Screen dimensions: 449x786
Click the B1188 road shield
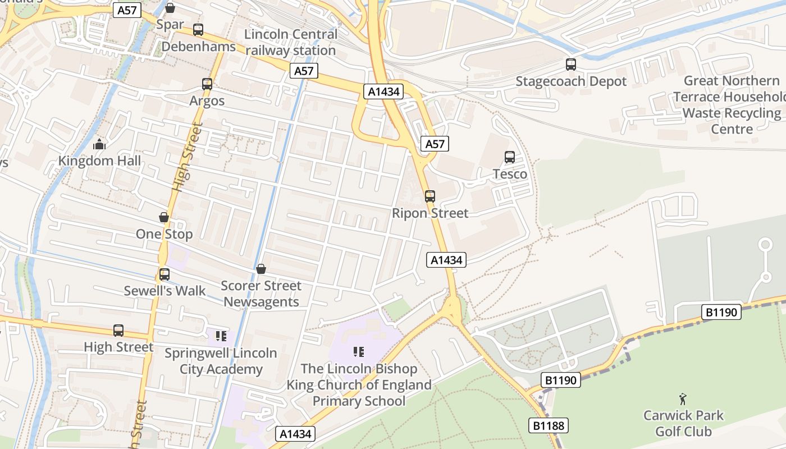tap(549, 426)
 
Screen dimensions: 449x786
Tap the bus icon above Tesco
tap(510, 157)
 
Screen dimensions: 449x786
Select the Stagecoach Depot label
tap(571, 81)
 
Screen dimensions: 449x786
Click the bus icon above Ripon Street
tap(430, 196)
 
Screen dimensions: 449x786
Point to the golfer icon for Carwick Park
tap(683, 399)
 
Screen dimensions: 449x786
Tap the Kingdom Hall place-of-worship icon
tap(100, 144)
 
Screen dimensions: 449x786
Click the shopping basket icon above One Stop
tap(164, 217)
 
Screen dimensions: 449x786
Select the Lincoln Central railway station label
tap(291, 42)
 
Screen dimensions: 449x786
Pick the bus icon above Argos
tap(207, 84)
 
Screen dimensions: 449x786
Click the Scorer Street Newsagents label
tap(261, 294)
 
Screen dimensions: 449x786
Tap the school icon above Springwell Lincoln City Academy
tap(221, 336)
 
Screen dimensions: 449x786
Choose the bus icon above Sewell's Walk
tap(164, 274)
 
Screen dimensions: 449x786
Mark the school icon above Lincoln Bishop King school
tap(359, 352)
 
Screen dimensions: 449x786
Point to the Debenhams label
tap(198, 47)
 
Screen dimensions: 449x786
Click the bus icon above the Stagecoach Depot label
tap(571, 65)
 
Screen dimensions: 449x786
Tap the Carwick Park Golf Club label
tap(683, 423)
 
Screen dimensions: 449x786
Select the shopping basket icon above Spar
tap(170, 8)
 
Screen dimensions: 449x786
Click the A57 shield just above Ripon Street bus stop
tap(435, 144)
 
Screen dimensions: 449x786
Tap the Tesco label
tap(510, 174)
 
